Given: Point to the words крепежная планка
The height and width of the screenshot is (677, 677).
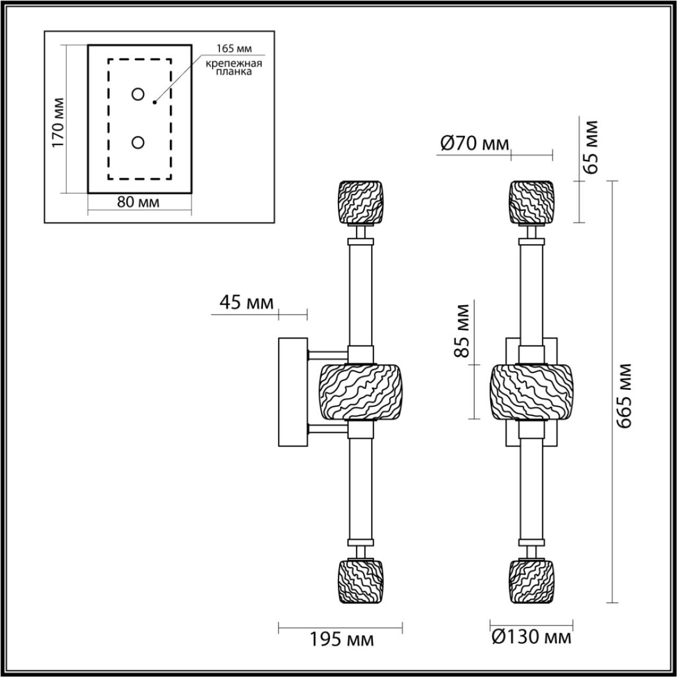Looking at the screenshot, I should [x=233, y=68].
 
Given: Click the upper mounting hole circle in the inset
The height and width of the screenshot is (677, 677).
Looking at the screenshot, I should [x=138, y=95].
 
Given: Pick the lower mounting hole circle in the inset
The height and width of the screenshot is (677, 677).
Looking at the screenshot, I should [x=138, y=143].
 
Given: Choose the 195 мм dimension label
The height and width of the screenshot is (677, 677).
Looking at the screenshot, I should [x=341, y=639].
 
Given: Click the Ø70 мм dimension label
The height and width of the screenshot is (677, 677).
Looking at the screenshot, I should [x=473, y=144].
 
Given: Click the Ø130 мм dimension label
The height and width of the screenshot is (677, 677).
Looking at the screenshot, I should [x=530, y=638].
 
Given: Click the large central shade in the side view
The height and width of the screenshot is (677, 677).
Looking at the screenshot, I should [x=361, y=392].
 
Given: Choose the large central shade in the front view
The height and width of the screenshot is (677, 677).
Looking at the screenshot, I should [x=531, y=392].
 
